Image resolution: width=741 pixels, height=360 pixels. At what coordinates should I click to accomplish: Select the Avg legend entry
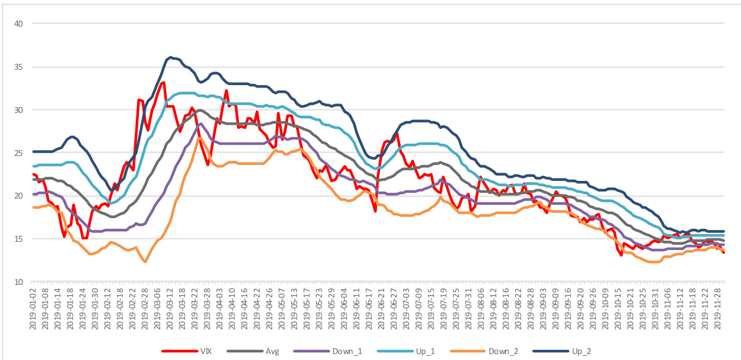point(271,351)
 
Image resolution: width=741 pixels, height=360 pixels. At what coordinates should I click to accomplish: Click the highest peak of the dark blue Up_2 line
point(171,57)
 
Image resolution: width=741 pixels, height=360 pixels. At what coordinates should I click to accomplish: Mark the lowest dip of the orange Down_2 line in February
point(145,261)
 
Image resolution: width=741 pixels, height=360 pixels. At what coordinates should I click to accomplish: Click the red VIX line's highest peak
point(163,82)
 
